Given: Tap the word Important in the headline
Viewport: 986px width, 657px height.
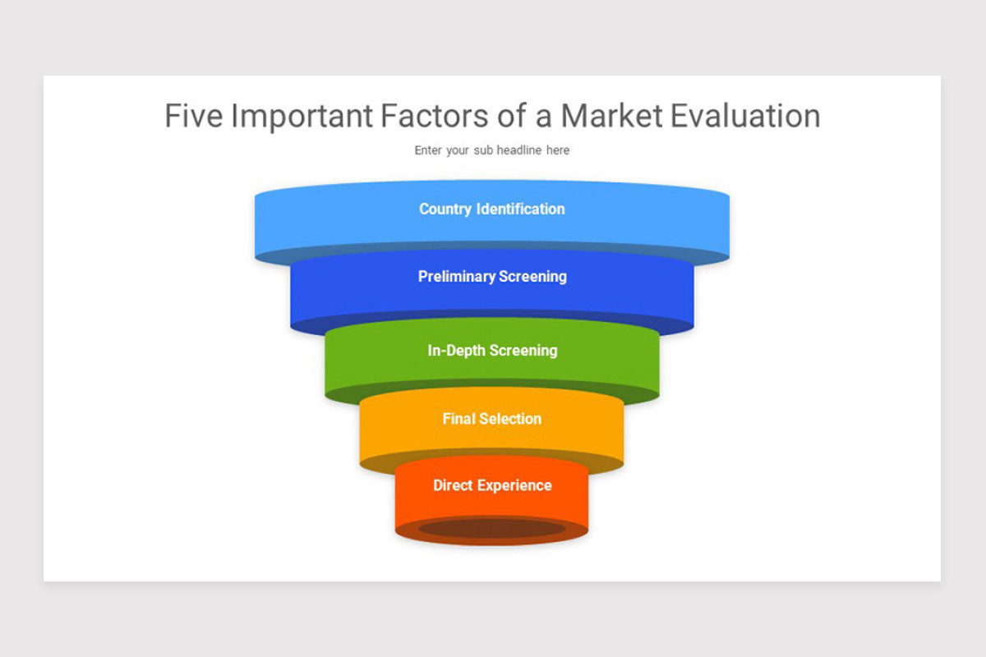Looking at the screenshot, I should click(302, 116).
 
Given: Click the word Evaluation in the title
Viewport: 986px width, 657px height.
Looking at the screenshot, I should click(745, 116).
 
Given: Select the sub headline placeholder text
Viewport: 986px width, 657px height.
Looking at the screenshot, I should click(491, 150).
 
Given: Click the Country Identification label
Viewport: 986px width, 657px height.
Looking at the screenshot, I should click(491, 209).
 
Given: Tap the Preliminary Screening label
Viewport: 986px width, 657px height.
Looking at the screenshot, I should click(491, 277).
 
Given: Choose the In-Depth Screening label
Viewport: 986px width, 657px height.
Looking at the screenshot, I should click(491, 351).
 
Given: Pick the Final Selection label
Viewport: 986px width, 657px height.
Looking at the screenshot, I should click(491, 419).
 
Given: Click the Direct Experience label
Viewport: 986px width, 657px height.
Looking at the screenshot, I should click(491, 485).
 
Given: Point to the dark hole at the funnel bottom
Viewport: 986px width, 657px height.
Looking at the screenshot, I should click(491, 529).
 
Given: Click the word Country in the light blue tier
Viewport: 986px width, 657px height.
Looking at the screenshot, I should click(445, 209).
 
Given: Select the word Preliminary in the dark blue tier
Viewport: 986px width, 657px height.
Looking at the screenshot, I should click(456, 277).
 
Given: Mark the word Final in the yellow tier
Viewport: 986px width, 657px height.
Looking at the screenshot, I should click(458, 419).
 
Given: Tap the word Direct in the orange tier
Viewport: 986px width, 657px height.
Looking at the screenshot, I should click(453, 485).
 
